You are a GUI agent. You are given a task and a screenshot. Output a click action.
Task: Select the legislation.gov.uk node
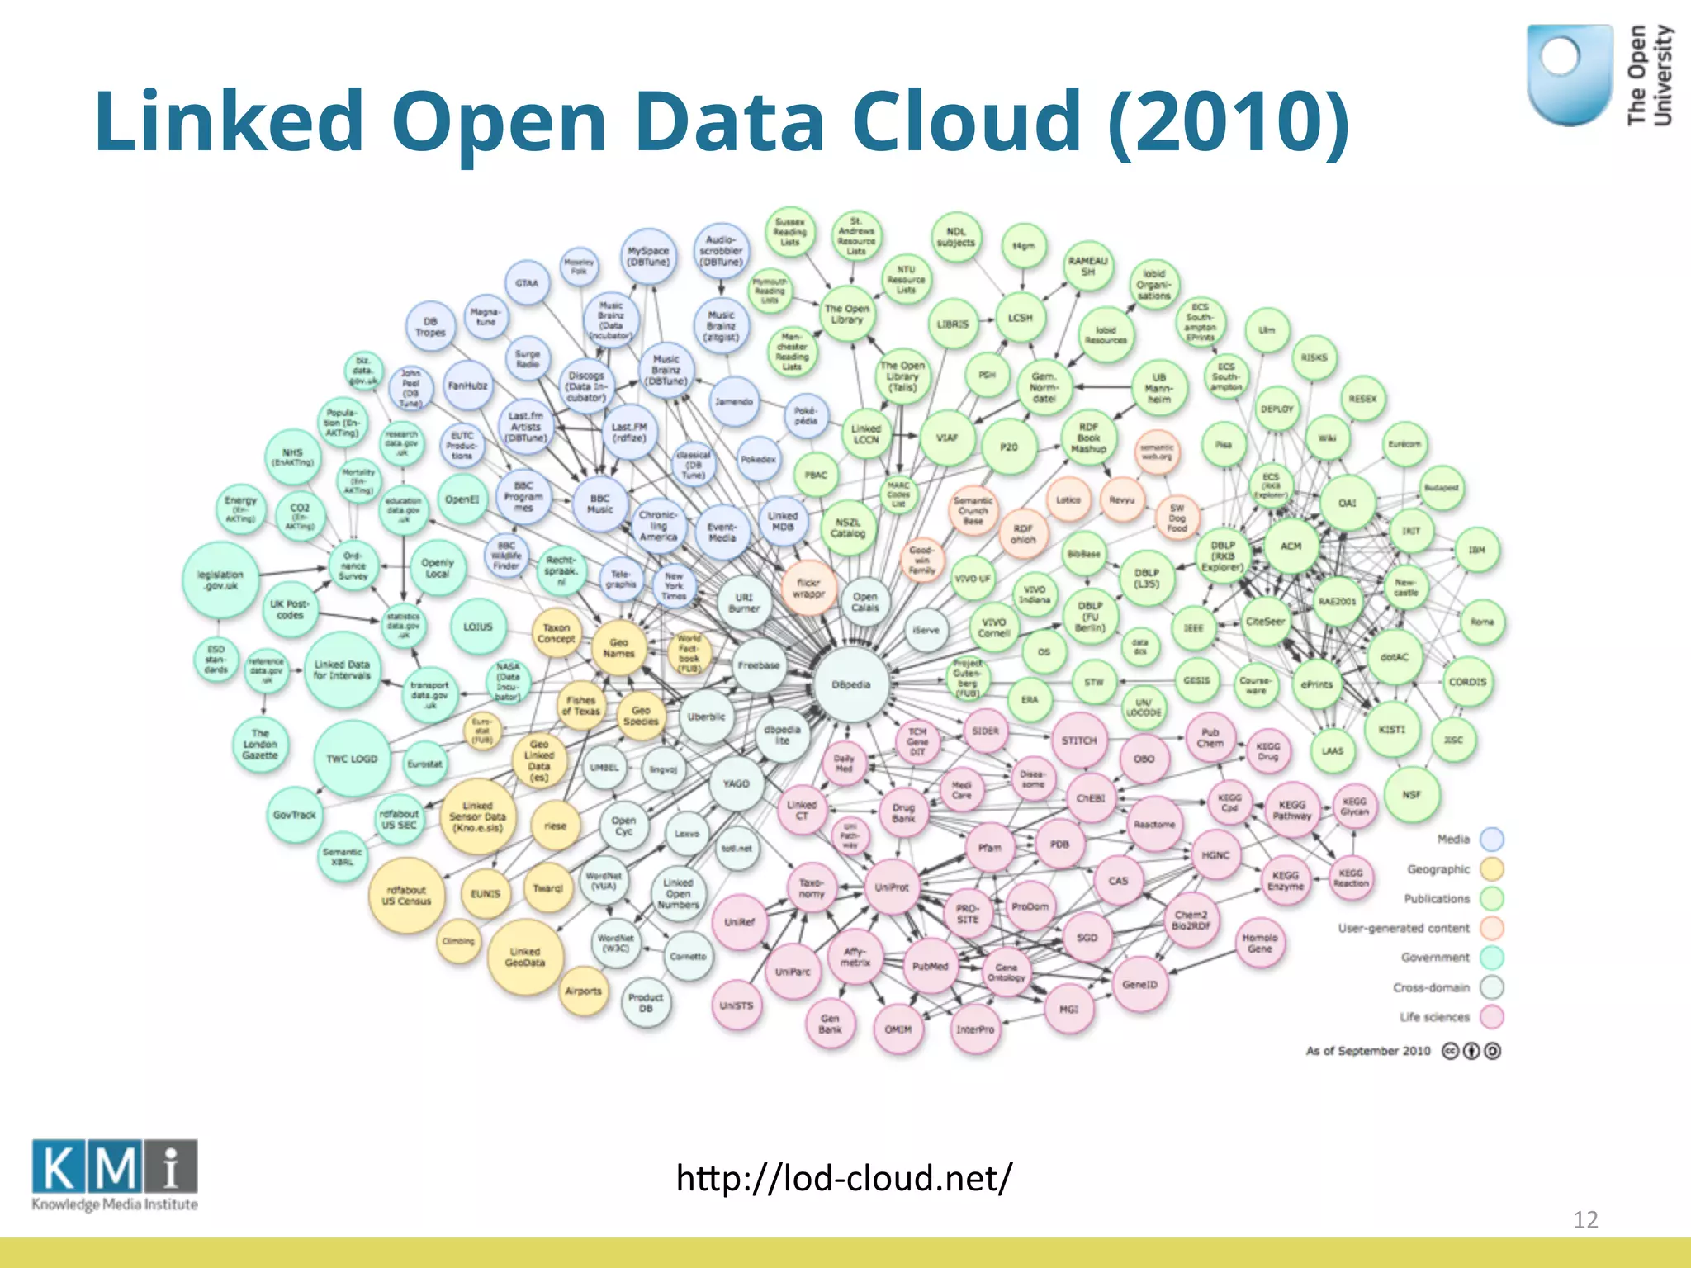coord(220,580)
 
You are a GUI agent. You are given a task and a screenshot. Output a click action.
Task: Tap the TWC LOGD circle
coord(352,759)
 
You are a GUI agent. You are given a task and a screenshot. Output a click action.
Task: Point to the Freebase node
coord(759,665)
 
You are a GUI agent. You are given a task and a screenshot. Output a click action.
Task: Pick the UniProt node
coord(892,887)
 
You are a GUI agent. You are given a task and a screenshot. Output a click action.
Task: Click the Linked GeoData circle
coord(525,957)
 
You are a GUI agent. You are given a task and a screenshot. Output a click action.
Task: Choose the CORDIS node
coord(1467,682)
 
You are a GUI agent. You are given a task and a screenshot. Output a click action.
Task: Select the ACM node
coord(1291,546)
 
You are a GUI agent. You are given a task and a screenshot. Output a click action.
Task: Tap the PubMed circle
coord(931,966)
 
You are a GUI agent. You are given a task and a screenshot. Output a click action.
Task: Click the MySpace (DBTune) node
coord(648,256)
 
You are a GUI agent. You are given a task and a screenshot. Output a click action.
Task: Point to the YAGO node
coord(736,783)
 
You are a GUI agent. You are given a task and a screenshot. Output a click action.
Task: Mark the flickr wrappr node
coord(808,588)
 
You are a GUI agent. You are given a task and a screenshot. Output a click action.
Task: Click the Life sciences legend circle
coord(1491,1017)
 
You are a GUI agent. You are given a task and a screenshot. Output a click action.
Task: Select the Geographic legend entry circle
coord(1491,869)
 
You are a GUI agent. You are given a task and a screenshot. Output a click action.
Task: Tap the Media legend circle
coord(1491,840)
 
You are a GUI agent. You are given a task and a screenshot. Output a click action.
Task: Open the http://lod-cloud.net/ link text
coord(843,1178)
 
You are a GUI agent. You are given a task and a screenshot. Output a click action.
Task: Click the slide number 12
coord(1585,1219)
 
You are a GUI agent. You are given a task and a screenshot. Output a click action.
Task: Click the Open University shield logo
coord(1569,74)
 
